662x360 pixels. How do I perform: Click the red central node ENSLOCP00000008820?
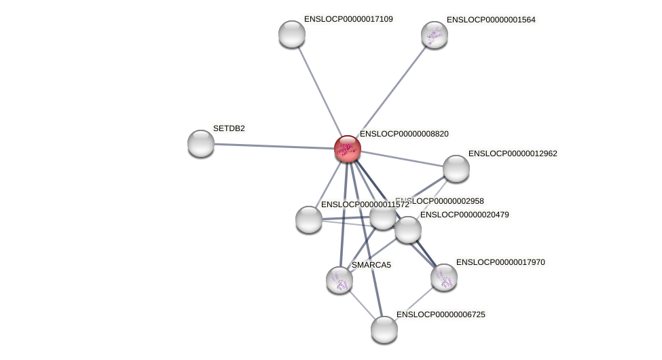pyautogui.click(x=347, y=149)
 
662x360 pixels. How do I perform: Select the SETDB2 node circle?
pyautogui.click(x=201, y=143)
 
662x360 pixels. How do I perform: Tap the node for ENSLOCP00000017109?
pyautogui.click(x=292, y=34)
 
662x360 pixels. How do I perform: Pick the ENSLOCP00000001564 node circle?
pyautogui.click(x=435, y=35)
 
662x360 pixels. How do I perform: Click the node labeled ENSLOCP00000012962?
pyautogui.click(x=456, y=168)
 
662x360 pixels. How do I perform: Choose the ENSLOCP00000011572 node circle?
pyautogui.click(x=309, y=219)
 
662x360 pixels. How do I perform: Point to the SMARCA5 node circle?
pyautogui.click(x=339, y=279)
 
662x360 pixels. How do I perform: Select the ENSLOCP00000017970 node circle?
pyautogui.click(x=444, y=277)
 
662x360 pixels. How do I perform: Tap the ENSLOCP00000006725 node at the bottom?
pyautogui.click(x=384, y=329)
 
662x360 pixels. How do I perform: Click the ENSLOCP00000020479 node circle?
pyautogui.click(x=408, y=230)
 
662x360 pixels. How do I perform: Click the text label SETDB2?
pyautogui.click(x=229, y=128)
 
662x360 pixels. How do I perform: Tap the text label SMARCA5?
pyautogui.click(x=371, y=265)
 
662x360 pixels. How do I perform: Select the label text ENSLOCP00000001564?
pyautogui.click(x=491, y=20)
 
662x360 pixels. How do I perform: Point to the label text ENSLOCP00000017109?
pyautogui.click(x=348, y=19)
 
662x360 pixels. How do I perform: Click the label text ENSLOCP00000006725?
pyautogui.click(x=441, y=314)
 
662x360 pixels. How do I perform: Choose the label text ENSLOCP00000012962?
pyautogui.click(x=513, y=154)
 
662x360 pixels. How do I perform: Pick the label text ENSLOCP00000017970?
pyautogui.click(x=500, y=262)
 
